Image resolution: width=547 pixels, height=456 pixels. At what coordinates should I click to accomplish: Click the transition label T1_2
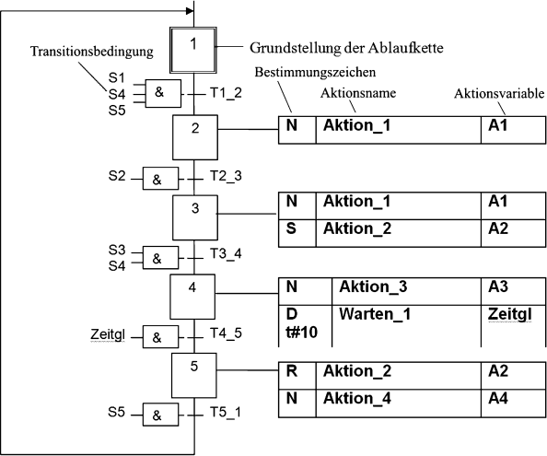click(x=225, y=94)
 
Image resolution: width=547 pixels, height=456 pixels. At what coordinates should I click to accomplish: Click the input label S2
click(x=117, y=175)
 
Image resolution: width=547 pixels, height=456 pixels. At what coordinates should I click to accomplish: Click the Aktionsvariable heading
click(x=500, y=93)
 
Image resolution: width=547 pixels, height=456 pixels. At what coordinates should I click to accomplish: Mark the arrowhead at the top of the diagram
click(x=191, y=13)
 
